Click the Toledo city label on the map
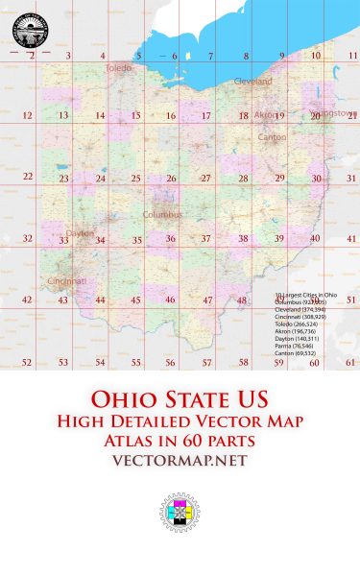[118, 68]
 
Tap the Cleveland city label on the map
[253, 82]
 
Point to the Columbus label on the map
[162, 214]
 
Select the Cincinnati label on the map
[66, 281]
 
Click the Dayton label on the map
[81, 233]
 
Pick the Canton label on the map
[273, 137]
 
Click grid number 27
[205, 179]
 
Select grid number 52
[27, 363]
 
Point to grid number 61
[351, 363]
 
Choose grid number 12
[27, 116]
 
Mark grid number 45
[135, 300]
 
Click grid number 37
[205, 239]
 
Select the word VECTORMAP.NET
[180, 461]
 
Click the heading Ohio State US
[180, 398]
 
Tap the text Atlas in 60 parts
[180, 441]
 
